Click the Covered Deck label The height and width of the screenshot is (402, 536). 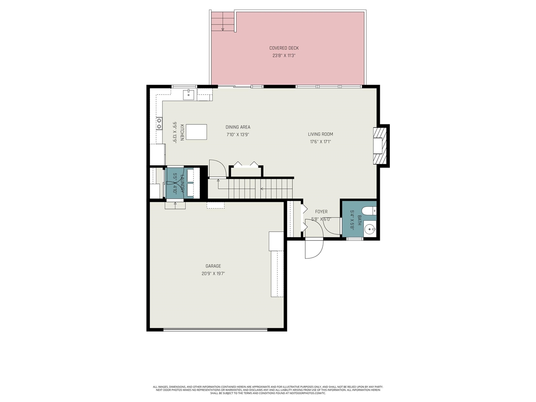click(284, 48)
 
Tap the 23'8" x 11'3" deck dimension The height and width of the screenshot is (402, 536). click(284, 56)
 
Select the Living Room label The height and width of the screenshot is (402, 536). click(320, 134)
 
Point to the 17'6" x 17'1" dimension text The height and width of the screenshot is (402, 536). click(320, 142)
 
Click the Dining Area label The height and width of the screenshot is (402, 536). click(238, 127)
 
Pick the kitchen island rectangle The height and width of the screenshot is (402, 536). click(196, 132)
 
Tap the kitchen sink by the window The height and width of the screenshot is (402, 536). click(189, 95)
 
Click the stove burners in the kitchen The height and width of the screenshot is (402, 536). click(159, 124)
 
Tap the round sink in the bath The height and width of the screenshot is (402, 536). click(369, 229)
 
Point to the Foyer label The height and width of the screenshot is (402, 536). click(321, 212)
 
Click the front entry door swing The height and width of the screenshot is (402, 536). click(314, 249)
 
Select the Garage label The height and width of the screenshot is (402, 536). click(213, 266)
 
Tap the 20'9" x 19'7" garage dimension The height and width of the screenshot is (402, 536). click(213, 274)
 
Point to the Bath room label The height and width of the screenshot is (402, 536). click(359, 220)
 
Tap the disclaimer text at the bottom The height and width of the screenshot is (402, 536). click(268, 390)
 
